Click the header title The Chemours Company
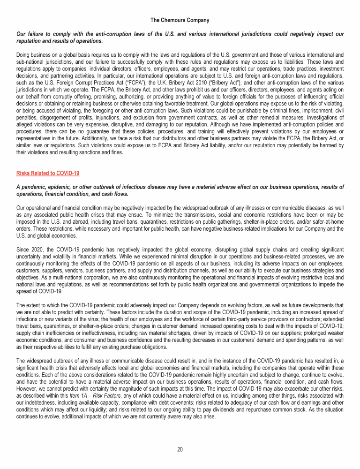point(180,20)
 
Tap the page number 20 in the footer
point(180,449)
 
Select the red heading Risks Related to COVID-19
point(48,173)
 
